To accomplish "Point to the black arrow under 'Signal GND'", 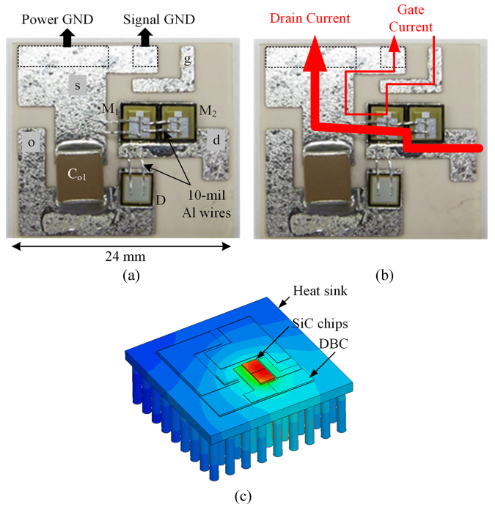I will click(144, 36).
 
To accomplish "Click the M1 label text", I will click(109, 110).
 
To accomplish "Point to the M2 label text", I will click(208, 111).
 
